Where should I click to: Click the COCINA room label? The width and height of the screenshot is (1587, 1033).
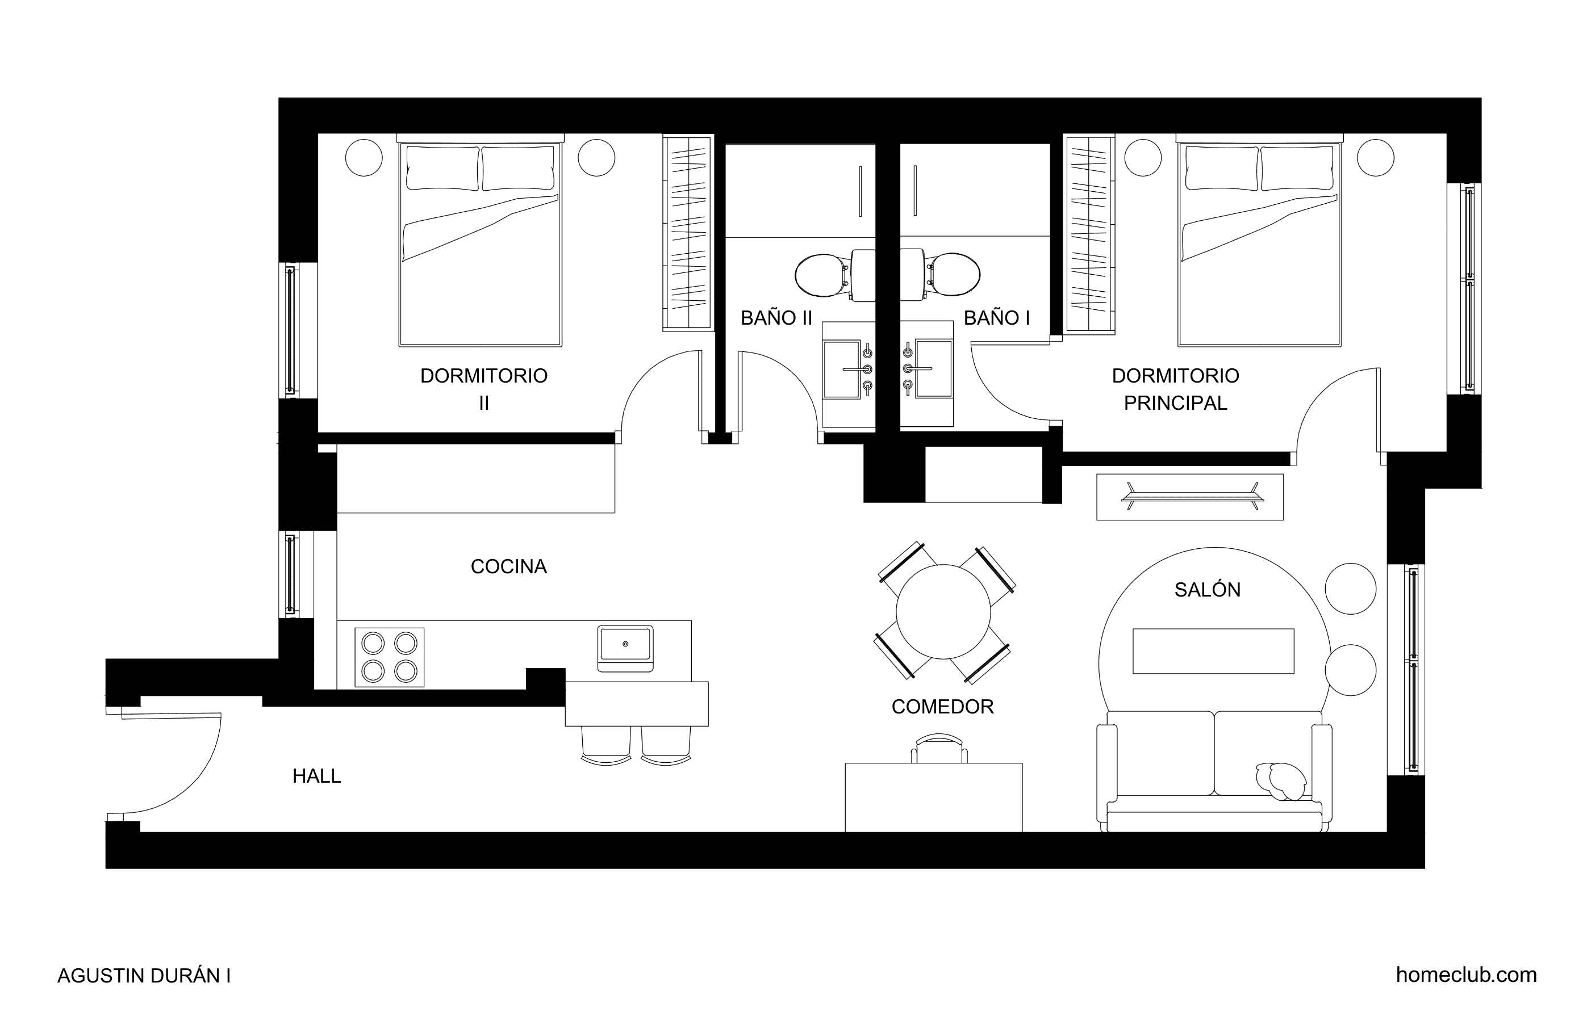(509, 566)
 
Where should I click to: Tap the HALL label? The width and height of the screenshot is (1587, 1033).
(317, 776)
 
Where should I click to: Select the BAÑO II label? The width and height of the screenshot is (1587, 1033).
(776, 318)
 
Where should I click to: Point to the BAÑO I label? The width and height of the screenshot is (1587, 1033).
(997, 318)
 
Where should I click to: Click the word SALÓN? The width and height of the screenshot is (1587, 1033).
(1208, 589)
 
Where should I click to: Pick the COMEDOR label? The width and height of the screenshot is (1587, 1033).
(943, 707)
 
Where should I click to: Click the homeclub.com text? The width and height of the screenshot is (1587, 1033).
(1467, 975)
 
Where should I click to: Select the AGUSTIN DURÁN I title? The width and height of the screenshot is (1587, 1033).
(144, 976)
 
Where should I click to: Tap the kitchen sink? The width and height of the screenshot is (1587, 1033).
(625, 648)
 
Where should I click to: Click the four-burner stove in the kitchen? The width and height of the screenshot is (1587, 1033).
(390, 657)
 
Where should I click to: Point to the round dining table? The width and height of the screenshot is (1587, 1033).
(943, 612)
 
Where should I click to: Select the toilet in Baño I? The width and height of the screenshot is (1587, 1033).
(940, 275)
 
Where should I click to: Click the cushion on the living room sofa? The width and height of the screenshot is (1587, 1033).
(1281, 780)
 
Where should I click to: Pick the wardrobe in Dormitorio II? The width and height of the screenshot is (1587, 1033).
(687, 233)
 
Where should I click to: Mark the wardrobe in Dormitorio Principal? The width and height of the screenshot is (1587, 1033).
(1089, 234)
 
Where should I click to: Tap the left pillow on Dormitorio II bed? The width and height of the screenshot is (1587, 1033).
(443, 168)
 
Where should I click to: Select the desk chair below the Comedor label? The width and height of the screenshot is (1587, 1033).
(939, 749)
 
